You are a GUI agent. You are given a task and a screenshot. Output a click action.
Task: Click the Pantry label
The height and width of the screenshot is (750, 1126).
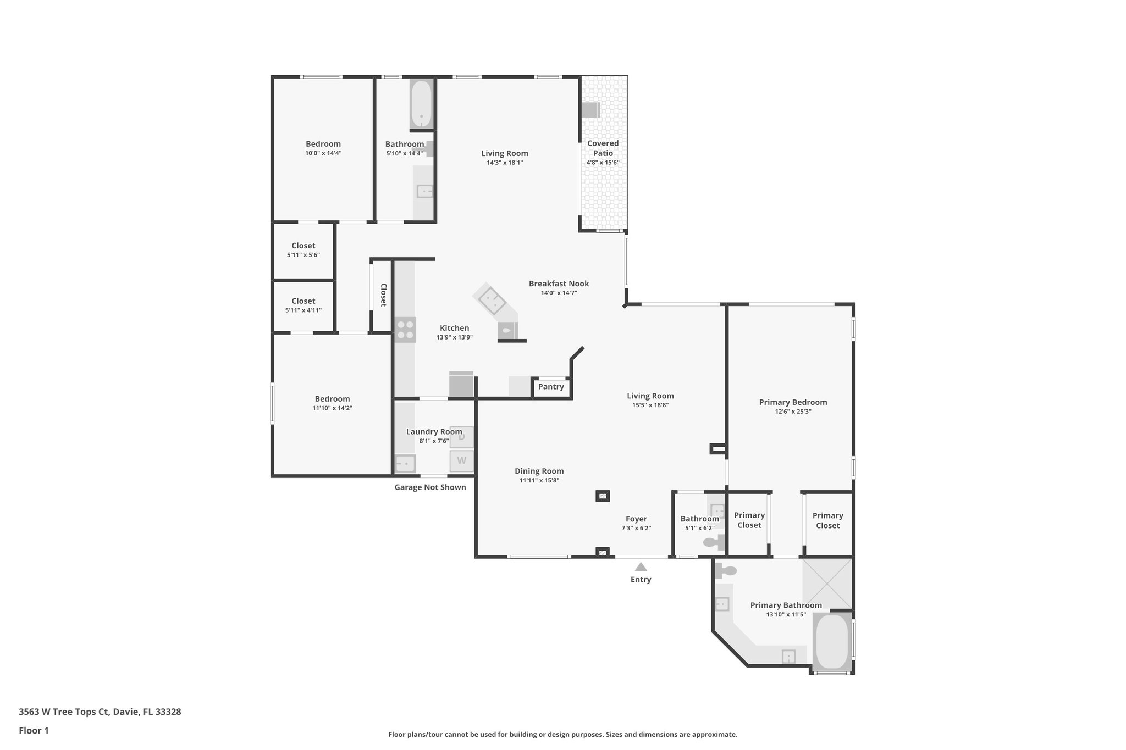[x=551, y=387]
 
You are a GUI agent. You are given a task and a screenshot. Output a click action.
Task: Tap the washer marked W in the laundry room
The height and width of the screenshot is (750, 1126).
[x=461, y=460]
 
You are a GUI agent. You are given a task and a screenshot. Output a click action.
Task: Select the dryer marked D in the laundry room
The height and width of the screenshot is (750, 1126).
[x=461, y=437]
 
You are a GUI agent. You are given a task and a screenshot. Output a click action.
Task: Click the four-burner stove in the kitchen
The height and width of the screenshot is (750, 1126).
[x=405, y=330]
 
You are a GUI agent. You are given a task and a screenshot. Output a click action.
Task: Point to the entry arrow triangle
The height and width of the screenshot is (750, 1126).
[x=641, y=567]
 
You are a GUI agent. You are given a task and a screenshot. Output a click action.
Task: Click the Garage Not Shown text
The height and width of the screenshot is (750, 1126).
[x=430, y=487]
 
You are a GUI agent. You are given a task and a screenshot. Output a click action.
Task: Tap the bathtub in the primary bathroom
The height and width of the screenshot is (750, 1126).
[x=831, y=642]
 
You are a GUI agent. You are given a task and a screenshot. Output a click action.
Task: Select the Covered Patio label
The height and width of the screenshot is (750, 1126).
[x=603, y=148]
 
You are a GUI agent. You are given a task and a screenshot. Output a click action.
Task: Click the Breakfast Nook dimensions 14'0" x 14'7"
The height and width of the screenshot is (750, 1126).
[x=559, y=293]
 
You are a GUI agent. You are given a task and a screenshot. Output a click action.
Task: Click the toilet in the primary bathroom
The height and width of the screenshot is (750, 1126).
[x=725, y=571]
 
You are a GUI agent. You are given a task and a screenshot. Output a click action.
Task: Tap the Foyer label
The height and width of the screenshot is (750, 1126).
[x=636, y=519]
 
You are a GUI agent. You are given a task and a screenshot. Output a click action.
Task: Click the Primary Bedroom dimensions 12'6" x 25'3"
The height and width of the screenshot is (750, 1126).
[x=793, y=412]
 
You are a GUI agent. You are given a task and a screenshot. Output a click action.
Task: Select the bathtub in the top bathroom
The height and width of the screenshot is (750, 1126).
[x=422, y=104]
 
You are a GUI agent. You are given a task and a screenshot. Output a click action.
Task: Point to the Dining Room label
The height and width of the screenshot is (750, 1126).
[x=539, y=471]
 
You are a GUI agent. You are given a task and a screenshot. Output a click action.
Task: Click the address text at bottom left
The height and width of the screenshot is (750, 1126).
[x=100, y=712]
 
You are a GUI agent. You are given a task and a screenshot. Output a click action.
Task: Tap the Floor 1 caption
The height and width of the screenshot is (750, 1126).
[x=34, y=730]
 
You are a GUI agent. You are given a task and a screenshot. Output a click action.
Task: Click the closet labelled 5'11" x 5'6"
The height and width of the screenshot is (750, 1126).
[x=303, y=250]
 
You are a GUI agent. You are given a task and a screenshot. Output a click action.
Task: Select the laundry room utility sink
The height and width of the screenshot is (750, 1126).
[x=405, y=463]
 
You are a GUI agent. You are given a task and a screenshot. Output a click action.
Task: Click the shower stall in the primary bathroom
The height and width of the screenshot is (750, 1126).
[x=827, y=583]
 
